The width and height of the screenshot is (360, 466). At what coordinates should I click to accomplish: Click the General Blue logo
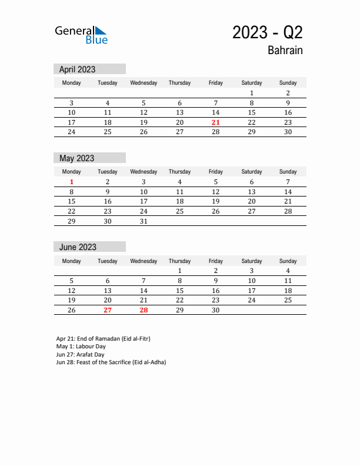click(81, 35)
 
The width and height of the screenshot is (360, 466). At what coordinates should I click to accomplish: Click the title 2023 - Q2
click(268, 32)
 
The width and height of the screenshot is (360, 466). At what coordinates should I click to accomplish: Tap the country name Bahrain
click(285, 51)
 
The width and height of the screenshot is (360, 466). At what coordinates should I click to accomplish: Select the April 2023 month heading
click(77, 69)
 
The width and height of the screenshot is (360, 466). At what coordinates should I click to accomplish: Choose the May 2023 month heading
click(76, 158)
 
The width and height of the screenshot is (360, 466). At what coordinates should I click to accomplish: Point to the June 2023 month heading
click(78, 247)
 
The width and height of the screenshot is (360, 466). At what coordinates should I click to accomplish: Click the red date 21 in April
click(215, 122)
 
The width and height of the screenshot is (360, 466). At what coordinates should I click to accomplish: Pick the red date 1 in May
click(72, 182)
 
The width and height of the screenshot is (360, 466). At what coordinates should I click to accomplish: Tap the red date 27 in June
click(108, 310)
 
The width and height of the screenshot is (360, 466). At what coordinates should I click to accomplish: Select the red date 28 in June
click(144, 310)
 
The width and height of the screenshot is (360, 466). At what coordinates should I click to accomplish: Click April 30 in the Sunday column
click(288, 132)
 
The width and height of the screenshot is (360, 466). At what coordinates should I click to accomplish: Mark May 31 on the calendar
click(144, 221)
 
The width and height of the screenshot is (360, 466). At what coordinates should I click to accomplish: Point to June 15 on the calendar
click(179, 291)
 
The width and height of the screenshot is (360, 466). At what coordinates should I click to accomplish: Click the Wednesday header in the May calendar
click(144, 172)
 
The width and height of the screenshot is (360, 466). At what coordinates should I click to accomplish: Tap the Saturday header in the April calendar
click(252, 83)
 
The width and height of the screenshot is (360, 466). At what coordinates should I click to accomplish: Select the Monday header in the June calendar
click(72, 261)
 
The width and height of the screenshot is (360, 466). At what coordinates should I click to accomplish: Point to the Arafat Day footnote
click(80, 355)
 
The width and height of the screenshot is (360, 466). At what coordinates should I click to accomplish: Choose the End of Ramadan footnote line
click(103, 339)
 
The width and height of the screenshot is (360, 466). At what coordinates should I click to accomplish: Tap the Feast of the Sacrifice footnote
click(111, 362)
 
